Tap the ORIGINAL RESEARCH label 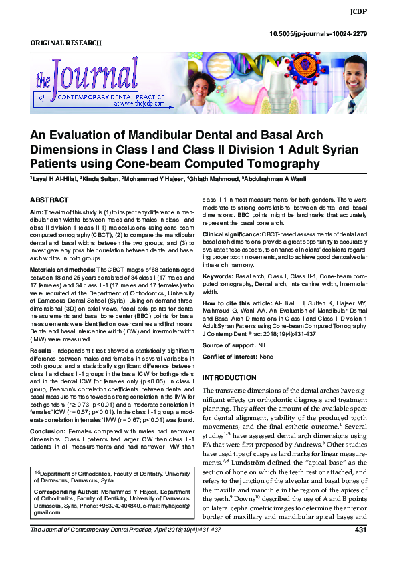click(x=66, y=43)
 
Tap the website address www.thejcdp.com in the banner click(x=139, y=105)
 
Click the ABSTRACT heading click(x=49, y=200)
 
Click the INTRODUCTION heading click(x=233, y=377)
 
